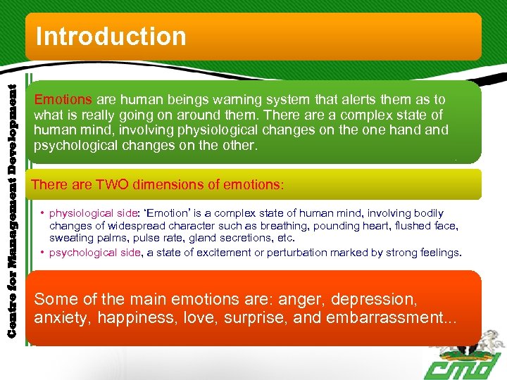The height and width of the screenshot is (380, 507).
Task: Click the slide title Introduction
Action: tap(111, 36)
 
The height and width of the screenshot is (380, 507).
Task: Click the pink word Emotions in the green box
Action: tap(63, 100)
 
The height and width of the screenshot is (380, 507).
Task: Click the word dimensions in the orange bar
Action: tap(170, 185)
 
